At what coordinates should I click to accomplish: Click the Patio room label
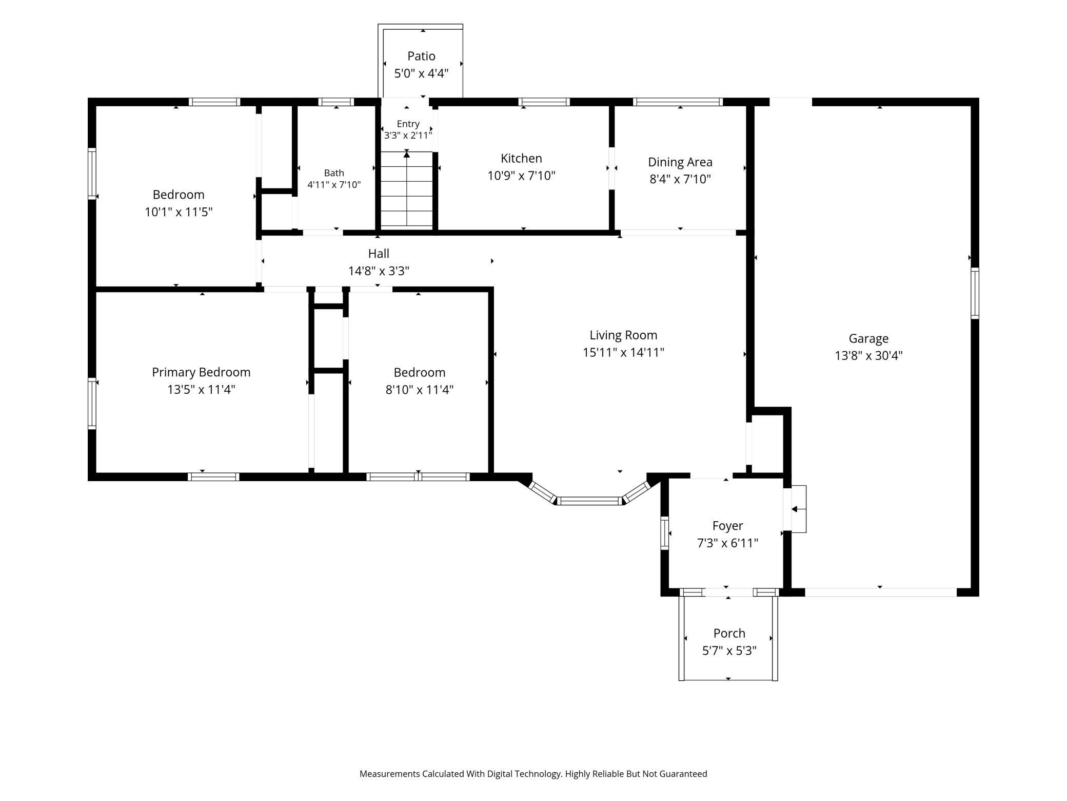tap(421, 56)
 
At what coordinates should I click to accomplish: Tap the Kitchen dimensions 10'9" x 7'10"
tap(521, 176)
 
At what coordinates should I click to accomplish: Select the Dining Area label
tap(680, 162)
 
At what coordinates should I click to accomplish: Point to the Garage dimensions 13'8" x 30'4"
tap(868, 355)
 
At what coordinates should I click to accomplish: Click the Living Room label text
tap(623, 335)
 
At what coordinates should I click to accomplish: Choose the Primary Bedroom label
tap(201, 372)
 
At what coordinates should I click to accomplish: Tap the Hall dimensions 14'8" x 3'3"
tap(379, 271)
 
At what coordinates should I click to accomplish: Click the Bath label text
tap(334, 173)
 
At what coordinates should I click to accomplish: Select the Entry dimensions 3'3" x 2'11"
tap(408, 135)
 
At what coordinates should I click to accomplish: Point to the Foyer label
tap(727, 526)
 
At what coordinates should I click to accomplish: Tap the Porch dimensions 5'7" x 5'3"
tap(729, 651)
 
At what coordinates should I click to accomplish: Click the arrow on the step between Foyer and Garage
tap(798, 509)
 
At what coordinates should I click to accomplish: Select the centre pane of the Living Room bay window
tap(589, 501)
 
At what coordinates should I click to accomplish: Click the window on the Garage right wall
tap(975, 293)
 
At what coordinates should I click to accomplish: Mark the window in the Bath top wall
tap(336, 102)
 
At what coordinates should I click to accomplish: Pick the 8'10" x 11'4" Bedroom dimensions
tap(419, 390)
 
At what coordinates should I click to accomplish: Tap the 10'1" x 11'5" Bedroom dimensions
tap(179, 212)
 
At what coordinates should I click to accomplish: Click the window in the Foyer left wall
tap(665, 533)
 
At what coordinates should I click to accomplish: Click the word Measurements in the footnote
tap(390, 774)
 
